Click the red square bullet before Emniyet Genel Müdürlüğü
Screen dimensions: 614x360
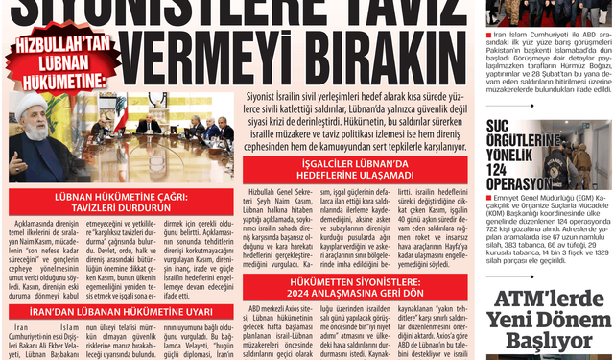[x=491, y=198]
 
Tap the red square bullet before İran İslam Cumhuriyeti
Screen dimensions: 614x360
[x=491, y=34]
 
